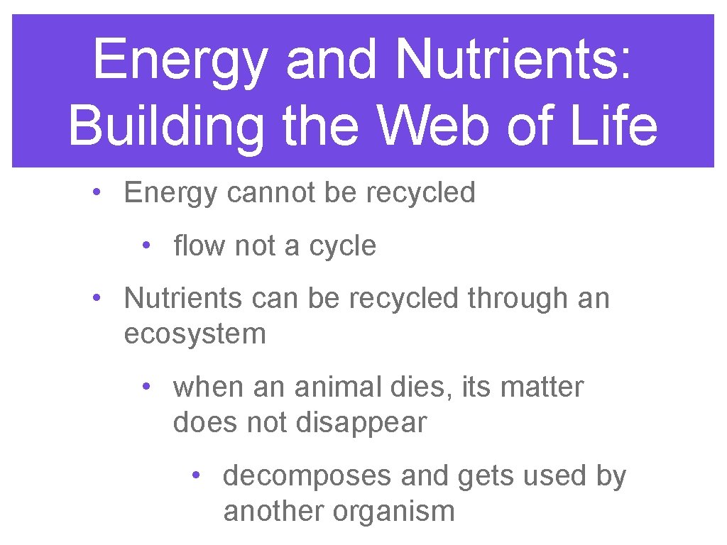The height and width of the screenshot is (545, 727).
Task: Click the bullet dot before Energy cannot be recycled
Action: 95,192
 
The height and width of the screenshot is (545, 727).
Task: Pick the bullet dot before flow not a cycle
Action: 145,245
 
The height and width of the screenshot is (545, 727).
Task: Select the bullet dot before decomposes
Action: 195,475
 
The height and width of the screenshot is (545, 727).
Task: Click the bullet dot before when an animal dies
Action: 145,386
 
